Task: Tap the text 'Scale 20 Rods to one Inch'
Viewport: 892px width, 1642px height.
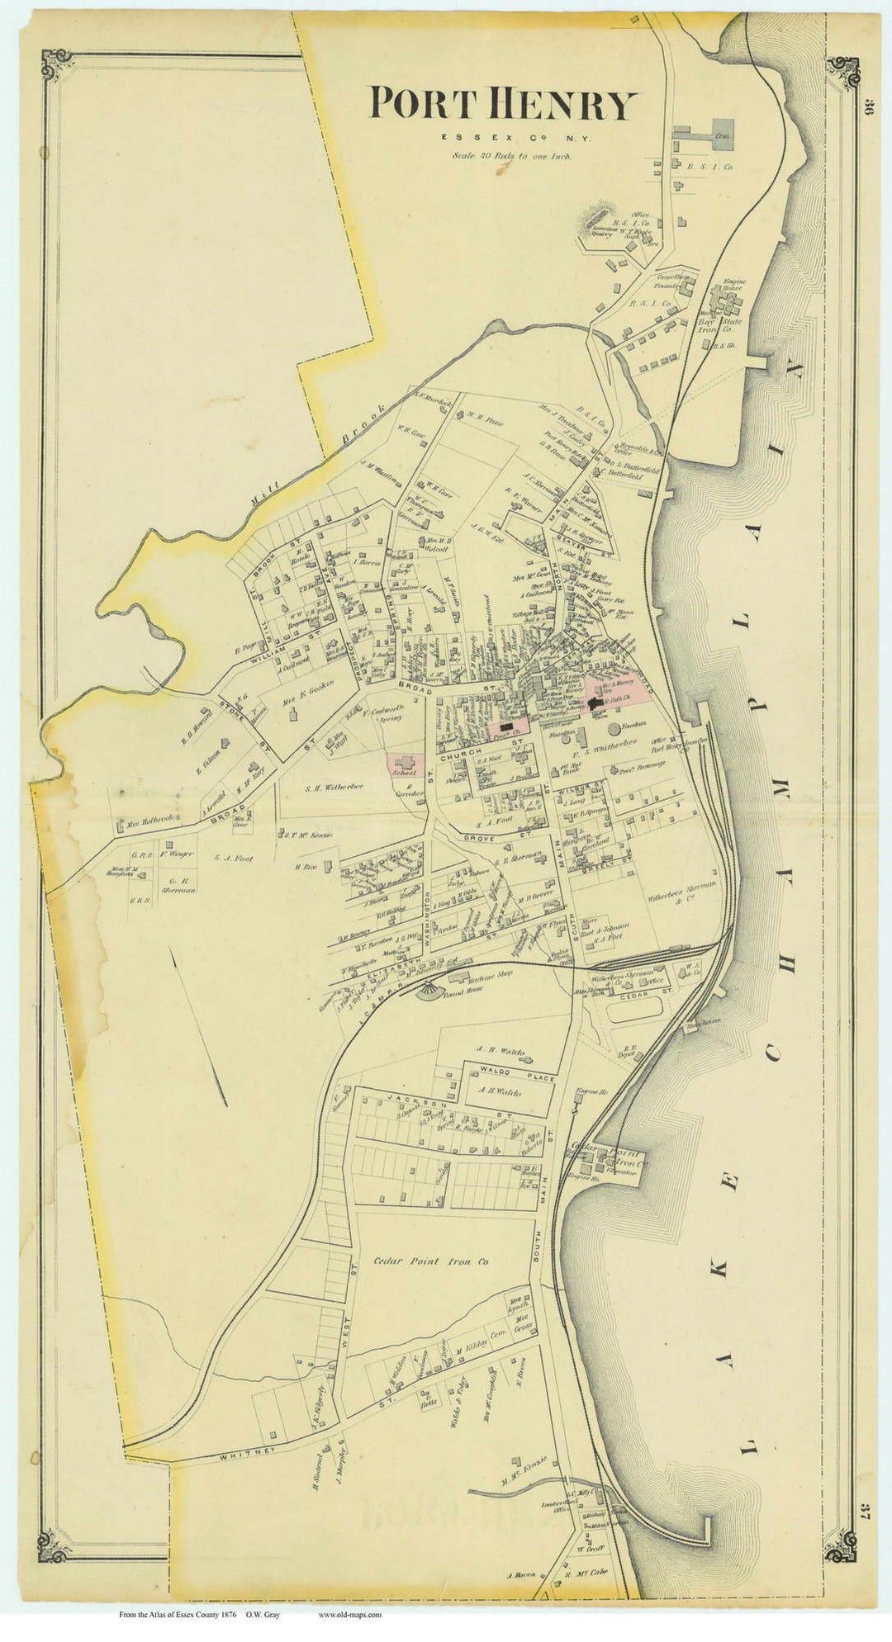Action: (510, 154)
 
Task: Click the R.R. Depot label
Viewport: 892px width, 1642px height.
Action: (630, 1051)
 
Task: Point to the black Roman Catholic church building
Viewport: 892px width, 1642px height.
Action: (597, 703)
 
